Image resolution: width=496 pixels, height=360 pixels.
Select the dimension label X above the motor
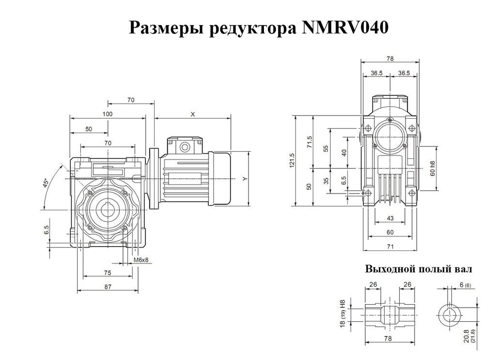click(x=192, y=114)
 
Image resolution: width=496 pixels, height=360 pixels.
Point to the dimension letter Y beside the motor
click(x=245, y=179)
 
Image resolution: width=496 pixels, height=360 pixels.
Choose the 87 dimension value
click(x=108, y=287)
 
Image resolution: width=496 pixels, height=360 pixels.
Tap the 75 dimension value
click(x=108, y=273)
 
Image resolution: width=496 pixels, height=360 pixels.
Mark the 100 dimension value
click(x=108, y=114)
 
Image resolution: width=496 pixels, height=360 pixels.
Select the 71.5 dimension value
click(x=309, y=141)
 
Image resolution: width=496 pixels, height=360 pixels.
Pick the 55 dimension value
click(x=325, y=148)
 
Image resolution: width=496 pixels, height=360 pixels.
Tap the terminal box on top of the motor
click(x=185, y=145)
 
